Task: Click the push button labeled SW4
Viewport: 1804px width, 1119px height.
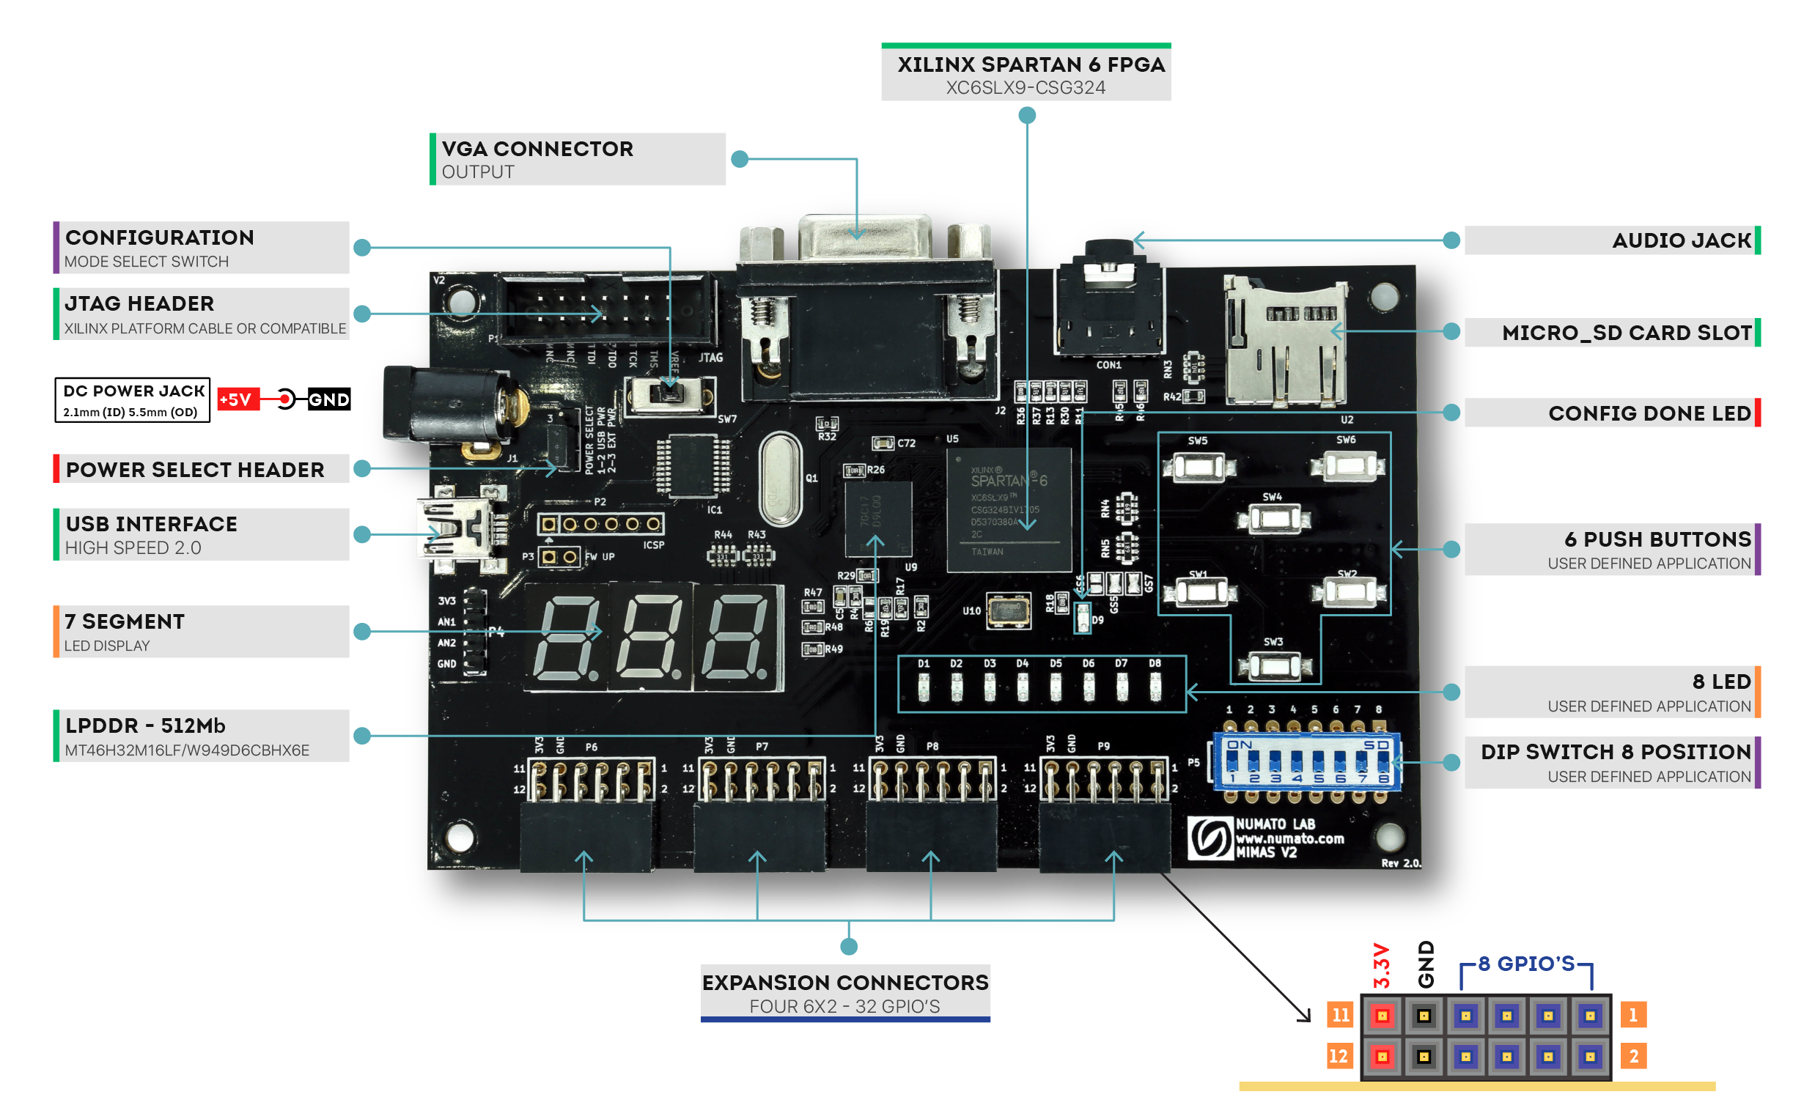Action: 1275,519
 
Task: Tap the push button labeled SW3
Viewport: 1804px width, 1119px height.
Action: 1275,665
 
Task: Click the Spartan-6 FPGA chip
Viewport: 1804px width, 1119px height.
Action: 1008,509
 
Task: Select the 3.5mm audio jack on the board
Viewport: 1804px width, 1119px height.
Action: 1108,303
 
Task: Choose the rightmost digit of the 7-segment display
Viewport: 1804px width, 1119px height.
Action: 735,638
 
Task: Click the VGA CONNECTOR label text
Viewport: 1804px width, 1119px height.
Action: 537,149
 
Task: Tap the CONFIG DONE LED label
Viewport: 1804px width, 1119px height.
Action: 1649,413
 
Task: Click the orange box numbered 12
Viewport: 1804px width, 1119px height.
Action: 1339,1056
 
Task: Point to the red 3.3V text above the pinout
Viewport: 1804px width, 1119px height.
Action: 1381,965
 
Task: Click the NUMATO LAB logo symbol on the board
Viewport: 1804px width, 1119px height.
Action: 1210,838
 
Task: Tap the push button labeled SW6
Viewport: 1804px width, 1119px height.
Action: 1349,467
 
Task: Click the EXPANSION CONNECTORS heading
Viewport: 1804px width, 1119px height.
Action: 844,982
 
